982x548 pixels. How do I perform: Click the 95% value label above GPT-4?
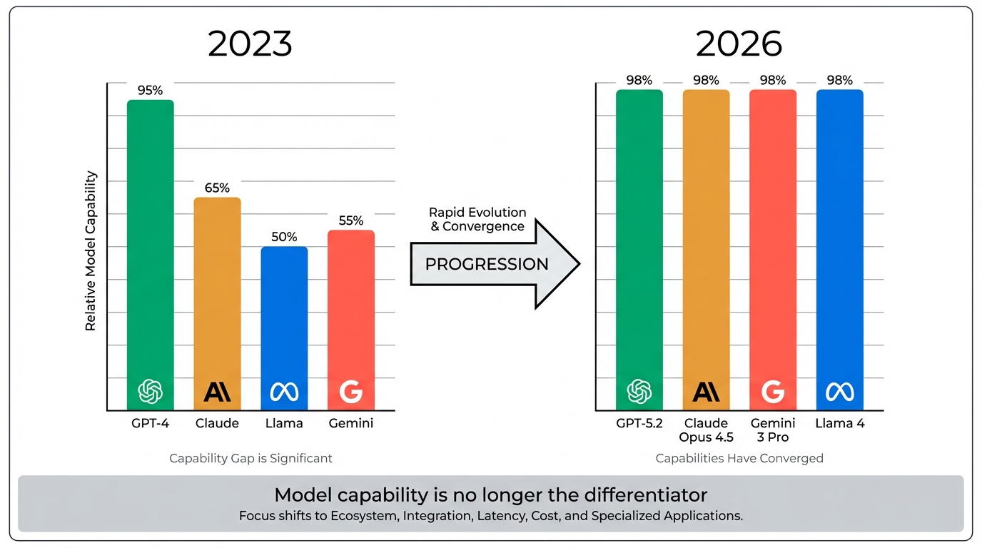[x=151, y=91]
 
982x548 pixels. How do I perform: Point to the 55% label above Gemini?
[x=351, y=220]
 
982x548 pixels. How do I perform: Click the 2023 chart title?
[x=250, y=44]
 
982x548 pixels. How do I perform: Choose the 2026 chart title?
[x=739, y=44]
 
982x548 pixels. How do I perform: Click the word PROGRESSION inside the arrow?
[x=487, y=264]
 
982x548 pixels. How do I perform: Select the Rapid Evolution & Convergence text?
[x=477, y=219]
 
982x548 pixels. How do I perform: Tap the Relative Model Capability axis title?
[x=91, y=250]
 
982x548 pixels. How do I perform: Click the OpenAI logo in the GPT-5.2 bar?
[x=639, y=391]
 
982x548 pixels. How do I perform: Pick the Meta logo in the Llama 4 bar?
[x=840, y=391]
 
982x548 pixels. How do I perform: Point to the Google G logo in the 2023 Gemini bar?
[x=351, y=391]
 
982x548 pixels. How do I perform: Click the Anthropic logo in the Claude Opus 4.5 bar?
[x=707, y=391]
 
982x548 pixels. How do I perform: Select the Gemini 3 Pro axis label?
[x=773, y=430]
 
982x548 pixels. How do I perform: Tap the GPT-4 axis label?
[x=151, y=423]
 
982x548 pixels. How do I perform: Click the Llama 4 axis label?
[x=840, y=423]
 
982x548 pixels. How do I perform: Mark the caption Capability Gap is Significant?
[x=250, y=458]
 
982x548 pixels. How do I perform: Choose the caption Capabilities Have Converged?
[x=739, y=458]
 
